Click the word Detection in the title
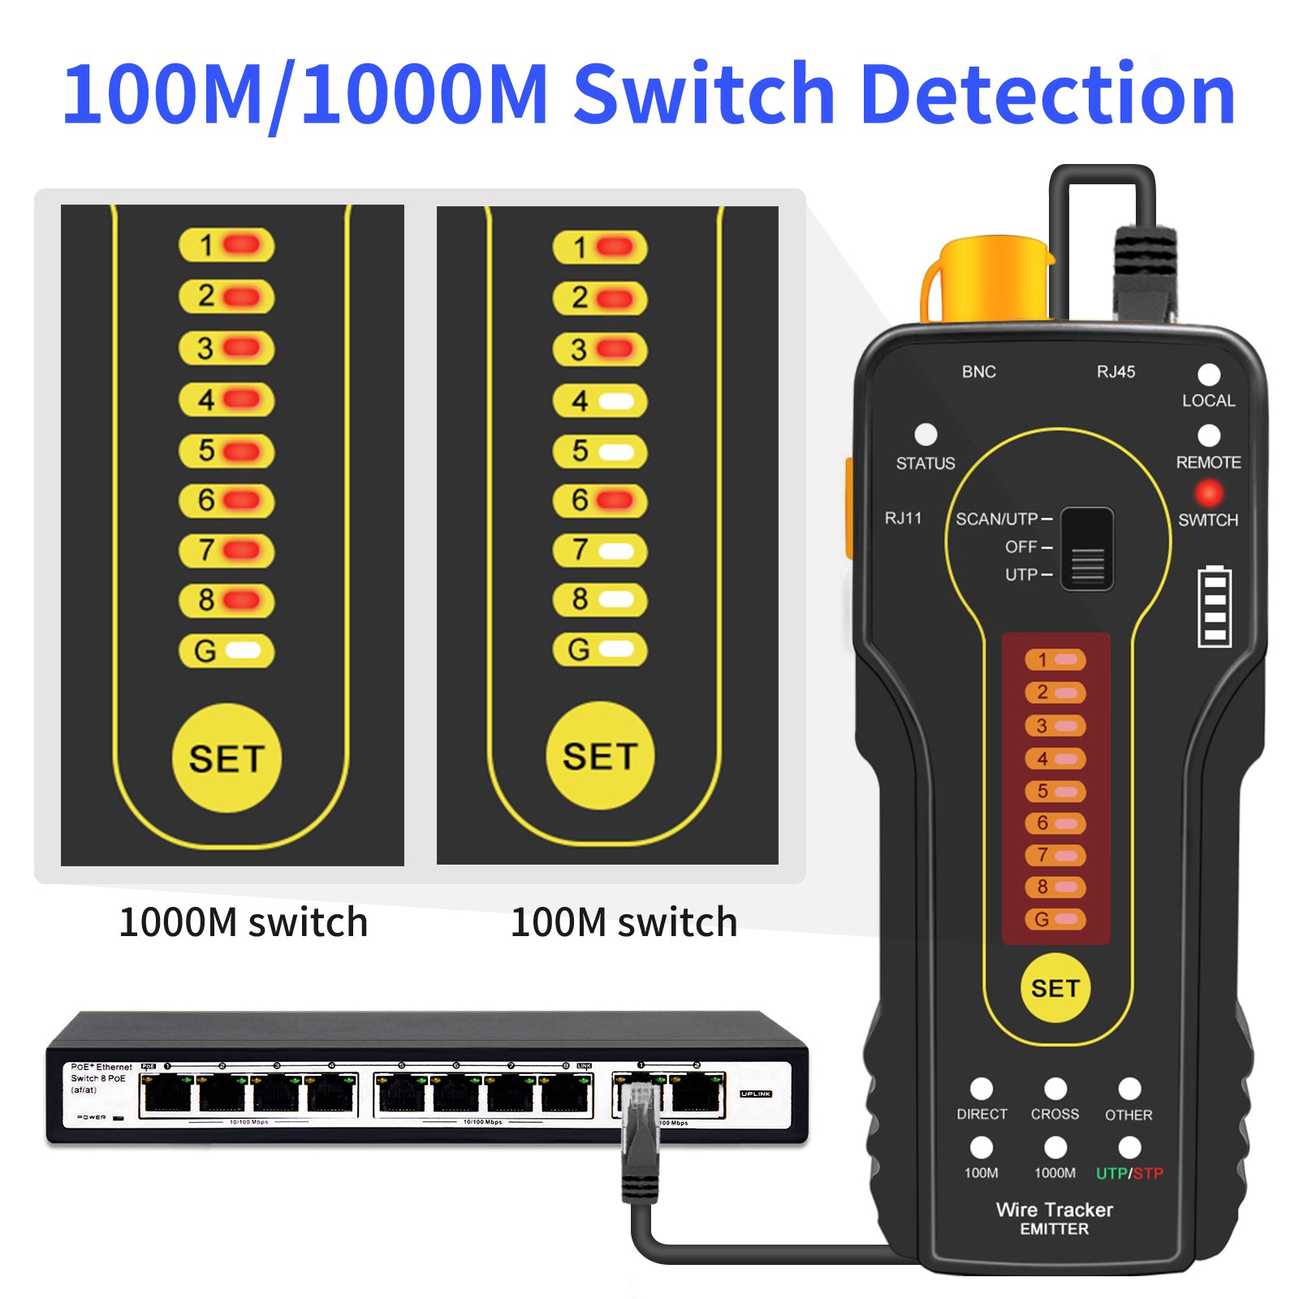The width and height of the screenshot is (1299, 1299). [1047, 95]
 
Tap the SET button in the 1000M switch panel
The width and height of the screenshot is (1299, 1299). [227, 758]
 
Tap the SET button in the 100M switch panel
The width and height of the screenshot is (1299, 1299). [600, 756]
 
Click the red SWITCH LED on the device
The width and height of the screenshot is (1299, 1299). [1208, 493]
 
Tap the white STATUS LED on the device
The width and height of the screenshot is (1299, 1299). [926, 434]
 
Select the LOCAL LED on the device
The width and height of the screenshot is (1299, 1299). [1209, 375]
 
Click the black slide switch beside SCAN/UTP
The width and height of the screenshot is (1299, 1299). [1087, 549]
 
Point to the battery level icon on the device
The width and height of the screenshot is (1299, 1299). [1215, 606]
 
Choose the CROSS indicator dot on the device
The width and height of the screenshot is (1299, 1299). [1055, 1089]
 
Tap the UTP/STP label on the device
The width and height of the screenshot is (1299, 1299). [1129, 1173]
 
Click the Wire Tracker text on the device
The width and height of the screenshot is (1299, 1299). [1054, 1210]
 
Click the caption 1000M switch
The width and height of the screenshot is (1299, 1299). [244, 922]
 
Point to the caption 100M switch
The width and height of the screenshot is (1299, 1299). [624, 922]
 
